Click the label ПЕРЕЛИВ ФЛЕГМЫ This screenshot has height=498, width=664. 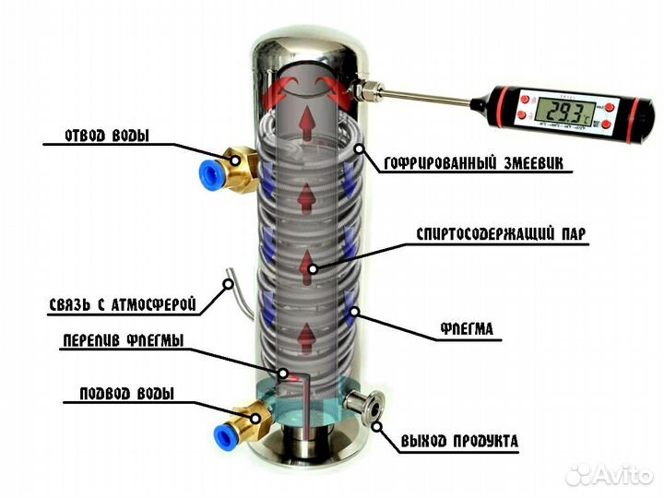tap(123, 341)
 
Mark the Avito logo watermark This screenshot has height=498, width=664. tap(610, 474)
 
